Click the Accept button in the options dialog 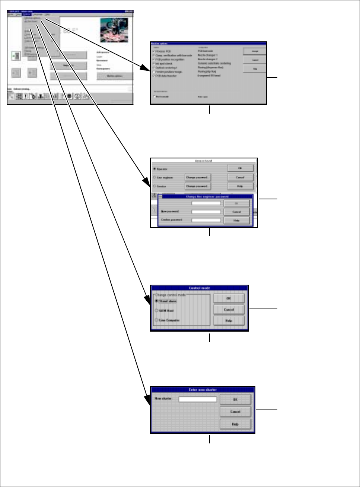[x=255, y=51]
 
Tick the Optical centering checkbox [x=154, y=68]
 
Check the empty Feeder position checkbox [x=154, y=72]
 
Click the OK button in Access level [x=240, y=168]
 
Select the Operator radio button [x=154, y=169]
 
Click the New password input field [x=206, y=212]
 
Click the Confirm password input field [x=206, y=220]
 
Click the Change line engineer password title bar [x=207, y=196]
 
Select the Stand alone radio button [x=157, y=301]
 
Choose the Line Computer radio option [x=157, y=320]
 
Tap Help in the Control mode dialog [x=229, y=320]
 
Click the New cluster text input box [x=198, y=399]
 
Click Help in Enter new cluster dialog [x=235, y=424]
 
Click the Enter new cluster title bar [x=203, y=390]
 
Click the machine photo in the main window [x=114, y=30]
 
